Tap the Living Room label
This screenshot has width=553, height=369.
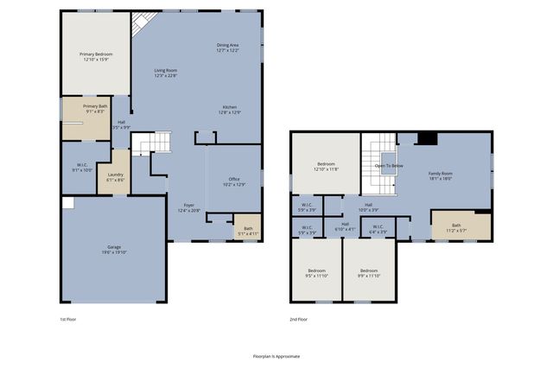click(165, 73)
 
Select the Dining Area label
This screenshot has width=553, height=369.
click(228, 47)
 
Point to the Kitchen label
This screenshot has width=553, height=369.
click(228, 110)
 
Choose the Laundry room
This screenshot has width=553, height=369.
click(115, 177)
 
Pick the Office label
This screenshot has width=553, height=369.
click(234, 182)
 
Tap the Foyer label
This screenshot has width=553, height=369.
click(188, 208)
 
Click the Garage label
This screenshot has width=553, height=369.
click(113, 251)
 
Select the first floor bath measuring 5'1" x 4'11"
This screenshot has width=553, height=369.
click(248, 231)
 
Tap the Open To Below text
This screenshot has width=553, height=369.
click(388, 165)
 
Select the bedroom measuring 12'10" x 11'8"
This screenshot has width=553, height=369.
click(326, 167)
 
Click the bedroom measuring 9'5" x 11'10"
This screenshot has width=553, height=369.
click(316, 274)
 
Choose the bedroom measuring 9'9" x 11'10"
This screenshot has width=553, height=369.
click(369, 274)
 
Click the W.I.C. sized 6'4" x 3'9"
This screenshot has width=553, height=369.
click(378, 229)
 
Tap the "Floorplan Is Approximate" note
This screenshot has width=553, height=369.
click(276, 355)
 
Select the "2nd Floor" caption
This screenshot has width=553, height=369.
click(299, 319)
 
